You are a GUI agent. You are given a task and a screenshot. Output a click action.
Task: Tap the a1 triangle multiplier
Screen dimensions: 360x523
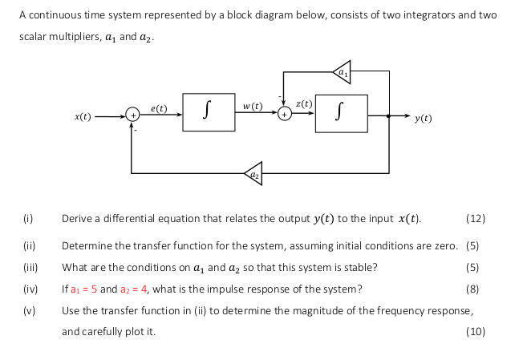point(343,71)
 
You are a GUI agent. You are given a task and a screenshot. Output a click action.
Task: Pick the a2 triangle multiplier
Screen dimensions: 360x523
point(253,171)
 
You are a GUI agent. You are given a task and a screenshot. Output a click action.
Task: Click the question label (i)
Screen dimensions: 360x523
point(26,218)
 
